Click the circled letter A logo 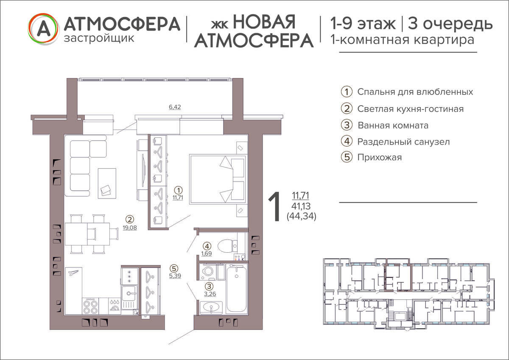tap(43, 29)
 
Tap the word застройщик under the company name tap(99, 38)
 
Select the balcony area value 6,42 tap(175, 107)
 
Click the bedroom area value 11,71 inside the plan tap(178, 198)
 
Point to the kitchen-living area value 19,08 tap(130, 228)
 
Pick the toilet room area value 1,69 tap(206, 253)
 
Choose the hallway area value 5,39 tap(175, 276)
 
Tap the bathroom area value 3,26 tap(210, 294)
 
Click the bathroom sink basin tap(211, 308)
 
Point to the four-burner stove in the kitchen tap(90, 306)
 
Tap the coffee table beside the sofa tap(107, 184)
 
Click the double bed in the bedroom tap(218, 179)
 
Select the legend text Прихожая tap(380, 157)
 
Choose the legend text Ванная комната tap(393, 126)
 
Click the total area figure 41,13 tap(301, 206)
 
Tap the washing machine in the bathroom tap(208, 272)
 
